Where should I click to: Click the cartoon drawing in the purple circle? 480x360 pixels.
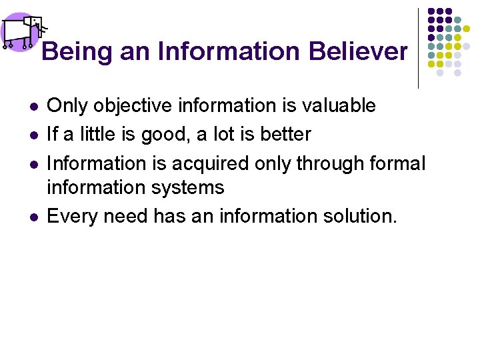click(21, 31)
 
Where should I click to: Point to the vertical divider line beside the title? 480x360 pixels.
click(418, 48)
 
